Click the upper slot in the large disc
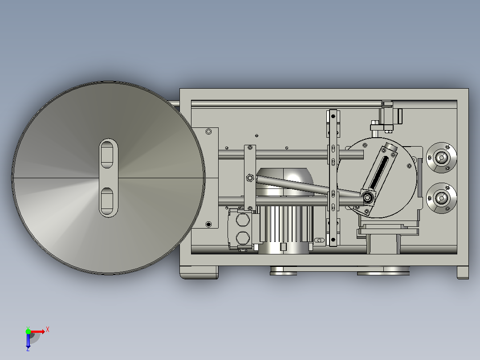106,154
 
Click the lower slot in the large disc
106,201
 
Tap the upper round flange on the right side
441,157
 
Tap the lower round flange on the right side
441,198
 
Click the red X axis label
48,330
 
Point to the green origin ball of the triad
28,331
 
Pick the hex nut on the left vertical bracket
250,178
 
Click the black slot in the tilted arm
379,172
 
